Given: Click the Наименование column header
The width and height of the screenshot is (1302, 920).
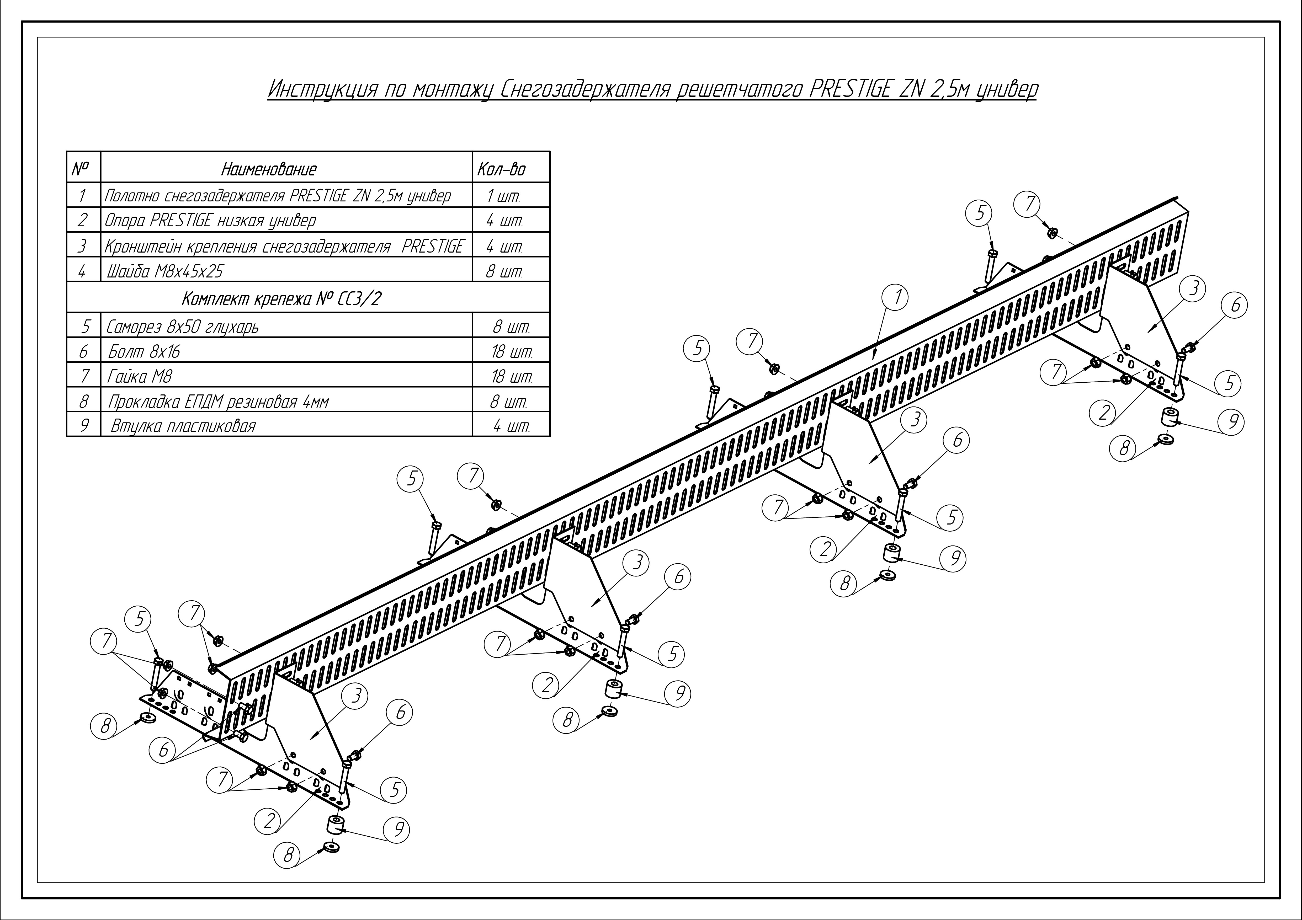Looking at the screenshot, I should click(269, 169).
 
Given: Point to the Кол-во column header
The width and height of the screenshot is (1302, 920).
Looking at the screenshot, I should click(501, 169).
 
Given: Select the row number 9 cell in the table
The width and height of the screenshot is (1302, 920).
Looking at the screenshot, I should click(83, 426).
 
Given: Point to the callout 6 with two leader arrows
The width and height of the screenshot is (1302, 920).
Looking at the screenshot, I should click(163, 750).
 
